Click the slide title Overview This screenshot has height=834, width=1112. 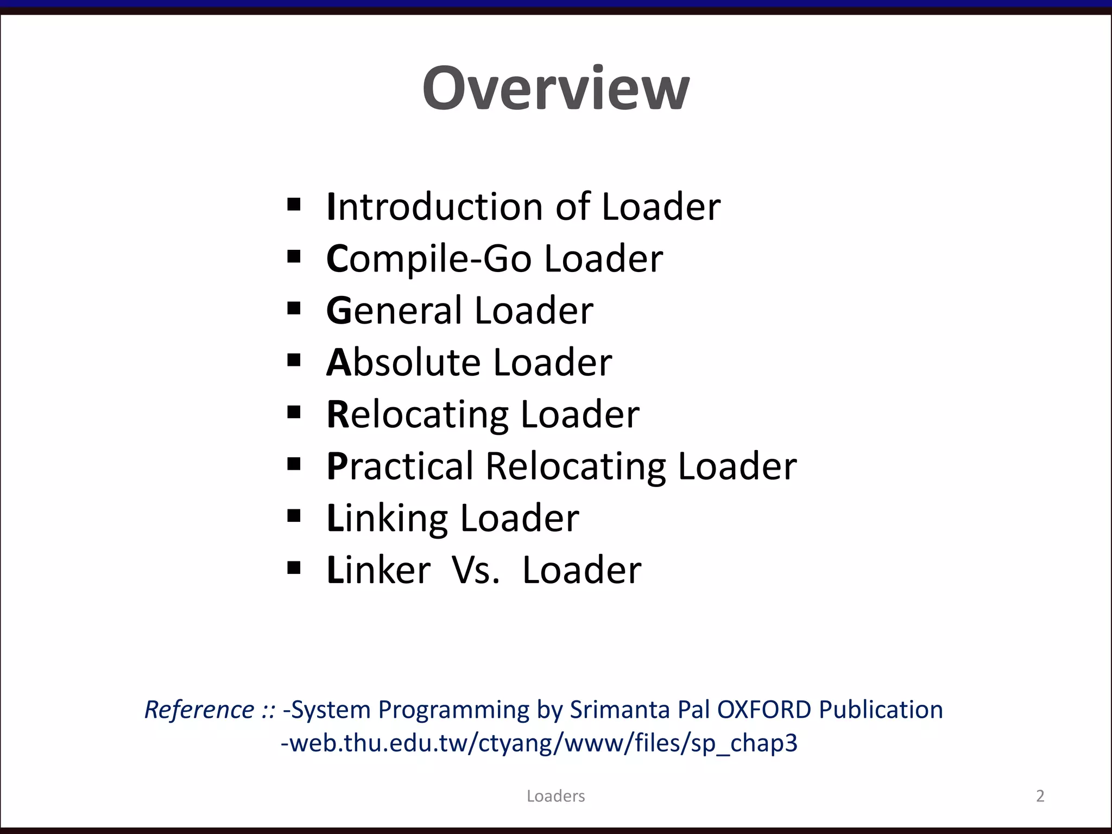click(x=555, y=89)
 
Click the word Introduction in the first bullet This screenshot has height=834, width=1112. click(x=434, y=207)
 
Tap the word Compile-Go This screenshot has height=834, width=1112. click(x=429, y=258)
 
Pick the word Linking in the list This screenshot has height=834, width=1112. click(x=387, y=518)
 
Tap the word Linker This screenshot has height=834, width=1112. click(x=378, y=570)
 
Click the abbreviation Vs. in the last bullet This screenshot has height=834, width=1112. click(x=476, y=570)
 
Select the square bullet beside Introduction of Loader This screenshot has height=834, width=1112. click(x=294, y=205)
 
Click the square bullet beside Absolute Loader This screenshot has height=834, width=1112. click(x=294, y=360)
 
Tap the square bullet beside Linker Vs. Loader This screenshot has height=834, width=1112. click(x=294, y=568)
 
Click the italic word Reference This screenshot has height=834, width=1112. click(x=199, y=710)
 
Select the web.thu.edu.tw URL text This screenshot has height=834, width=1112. click(x=539, y=743)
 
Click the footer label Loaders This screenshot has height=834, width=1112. click(x=555, y=796)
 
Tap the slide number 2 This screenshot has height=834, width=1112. click(x=1040, y=796)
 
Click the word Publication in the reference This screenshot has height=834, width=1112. click(x=881, y=710)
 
